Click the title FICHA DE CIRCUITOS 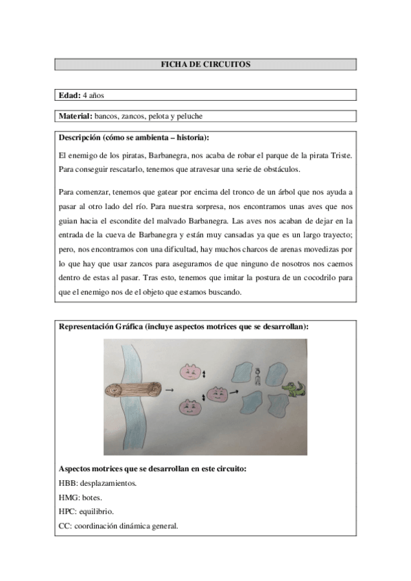[x=205, y=64]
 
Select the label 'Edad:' [x=70, y=96]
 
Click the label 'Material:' [x=75, y=116]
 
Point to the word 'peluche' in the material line [x=190, y=116]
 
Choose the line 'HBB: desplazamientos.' [x=97, y=483]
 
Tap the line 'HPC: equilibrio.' [x=86, y=512]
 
